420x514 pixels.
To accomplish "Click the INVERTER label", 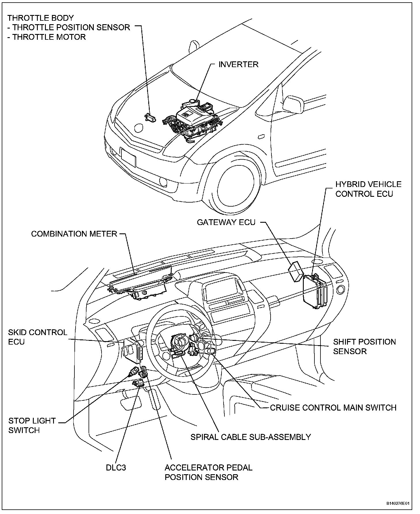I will click(x=238, y=64).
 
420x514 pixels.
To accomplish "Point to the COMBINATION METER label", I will click(x=74, y=234).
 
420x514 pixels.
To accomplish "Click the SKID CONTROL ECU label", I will click(x=37, y=337).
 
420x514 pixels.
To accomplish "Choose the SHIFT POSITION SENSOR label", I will click(x=364, y=346).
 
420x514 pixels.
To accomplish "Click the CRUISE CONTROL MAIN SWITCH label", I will click(x=333, y=408).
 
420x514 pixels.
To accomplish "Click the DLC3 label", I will click(x=116, y=467).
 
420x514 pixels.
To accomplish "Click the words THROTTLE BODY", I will click(x=41, y=18).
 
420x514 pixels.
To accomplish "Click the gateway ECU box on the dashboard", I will click(x=296, y=271).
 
